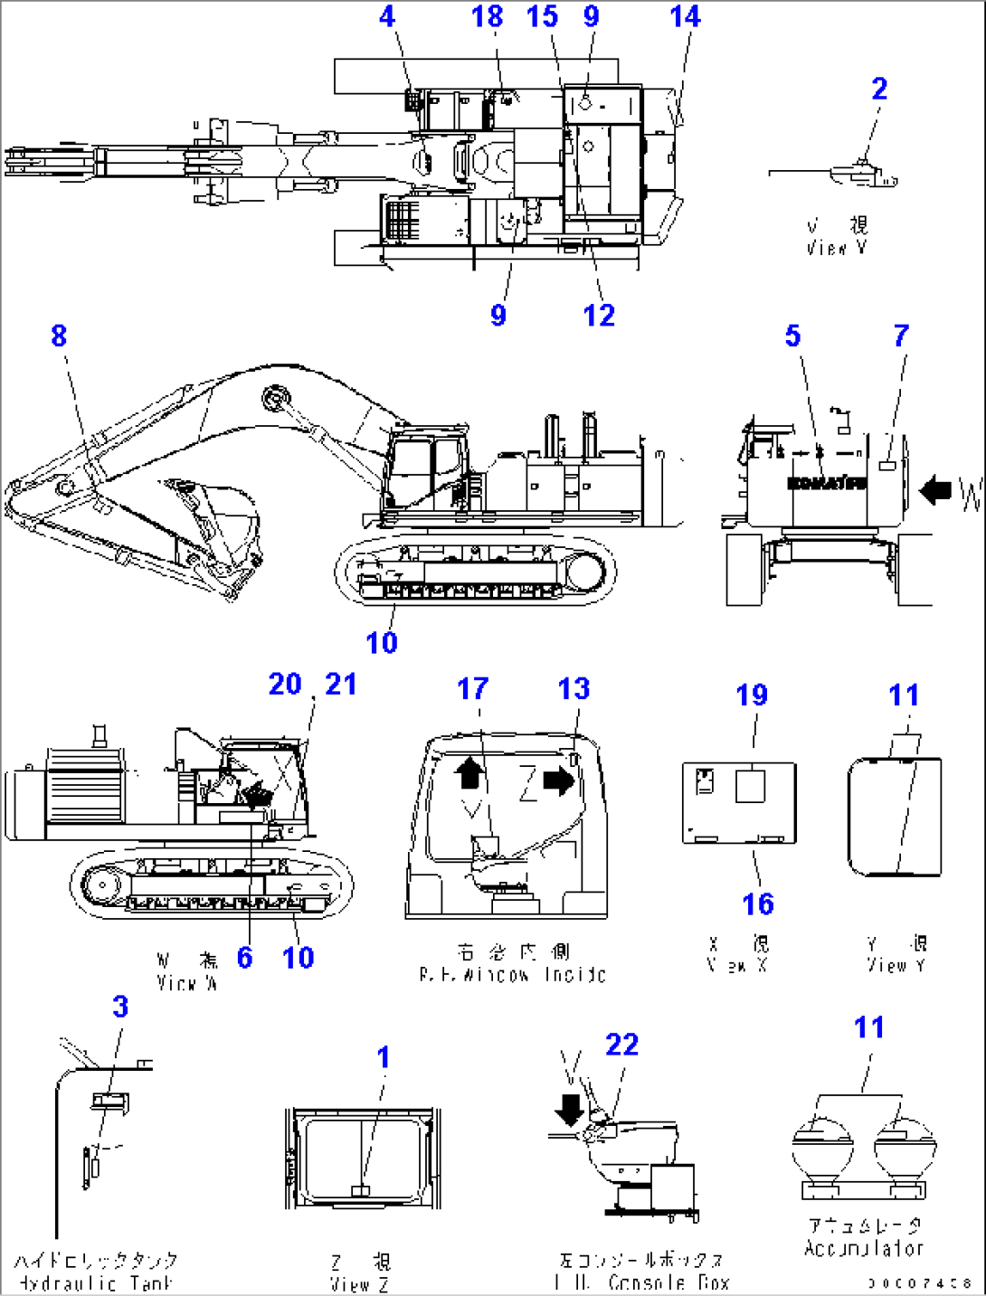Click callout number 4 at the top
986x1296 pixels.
click(x=387, y=16)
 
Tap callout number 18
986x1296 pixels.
click(x=487, y=16)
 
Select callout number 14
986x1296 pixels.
click(x=685, y=16)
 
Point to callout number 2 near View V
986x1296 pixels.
click(x=879, y=89)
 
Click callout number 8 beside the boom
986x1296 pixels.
click(x=59, y=336)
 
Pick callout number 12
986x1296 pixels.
click(x=599, y=316)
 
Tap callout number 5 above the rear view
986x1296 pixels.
click(x=792, y=336)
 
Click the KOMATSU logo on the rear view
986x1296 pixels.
click(x=827, y=483)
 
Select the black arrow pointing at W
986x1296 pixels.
click(x=935, y=491)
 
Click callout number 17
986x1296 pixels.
click(x=472, y=689)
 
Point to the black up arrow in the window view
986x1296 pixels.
click(x=469, y=773)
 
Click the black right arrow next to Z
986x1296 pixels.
click(x=559, y=780)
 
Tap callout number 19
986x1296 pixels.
click(x=752, y=695)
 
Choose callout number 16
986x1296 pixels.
click(x=758, y=903)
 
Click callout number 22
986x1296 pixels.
click(x=622, y=1045)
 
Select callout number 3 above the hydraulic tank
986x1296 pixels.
click(x=120, y=1007)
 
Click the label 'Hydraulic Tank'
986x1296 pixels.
click(x=94, y=1283)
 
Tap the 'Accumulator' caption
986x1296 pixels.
click(x=865, y=1249)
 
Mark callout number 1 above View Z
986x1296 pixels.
click(x=384, y=1056)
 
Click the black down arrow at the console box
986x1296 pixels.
click(x=570, y=1109)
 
